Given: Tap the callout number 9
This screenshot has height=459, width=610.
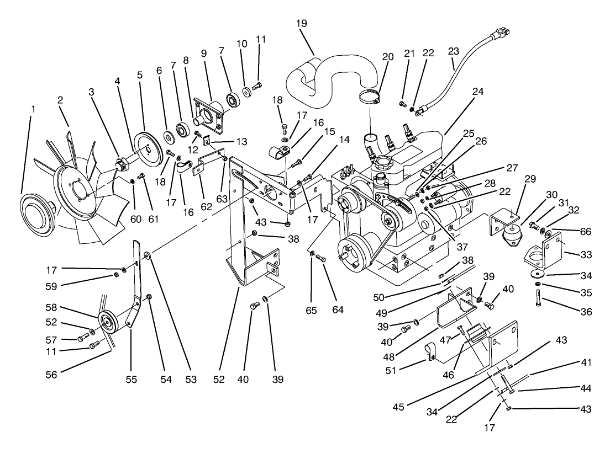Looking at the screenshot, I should [x=203, y=54].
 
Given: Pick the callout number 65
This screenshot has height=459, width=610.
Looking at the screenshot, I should [x=312, y=311].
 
